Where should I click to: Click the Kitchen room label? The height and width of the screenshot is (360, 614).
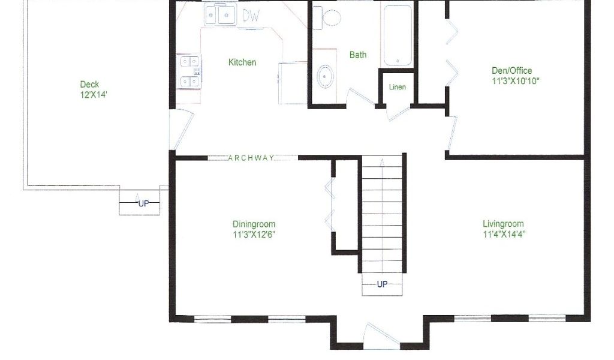[242, 62]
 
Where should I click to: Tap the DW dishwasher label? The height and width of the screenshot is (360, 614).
[251, 15]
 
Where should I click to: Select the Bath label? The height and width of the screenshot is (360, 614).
[358, 55]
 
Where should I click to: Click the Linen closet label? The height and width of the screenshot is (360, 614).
[397, 87]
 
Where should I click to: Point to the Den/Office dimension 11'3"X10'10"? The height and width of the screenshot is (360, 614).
[516, 81]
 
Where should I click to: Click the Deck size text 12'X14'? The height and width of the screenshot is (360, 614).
[94, 94]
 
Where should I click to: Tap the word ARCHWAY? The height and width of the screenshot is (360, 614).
[251, 158]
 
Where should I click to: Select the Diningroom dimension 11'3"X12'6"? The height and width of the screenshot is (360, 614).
[254, 235]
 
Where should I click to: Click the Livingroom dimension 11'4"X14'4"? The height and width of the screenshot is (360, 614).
[504, 234]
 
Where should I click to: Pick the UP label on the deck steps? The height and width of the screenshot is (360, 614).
[144, 203]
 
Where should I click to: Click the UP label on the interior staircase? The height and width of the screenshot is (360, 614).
[382, 284]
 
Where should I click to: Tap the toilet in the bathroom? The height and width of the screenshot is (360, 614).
[327, 17]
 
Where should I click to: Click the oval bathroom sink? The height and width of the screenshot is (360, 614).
[325, 77]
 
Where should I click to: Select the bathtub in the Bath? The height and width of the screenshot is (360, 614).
[398, 35]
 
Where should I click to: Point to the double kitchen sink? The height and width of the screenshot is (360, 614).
[219, 15]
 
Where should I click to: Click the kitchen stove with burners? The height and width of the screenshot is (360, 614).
[190, 71]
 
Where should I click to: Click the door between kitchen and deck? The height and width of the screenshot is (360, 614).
[181, 130]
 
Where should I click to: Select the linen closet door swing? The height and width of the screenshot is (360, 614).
[399, 112]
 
